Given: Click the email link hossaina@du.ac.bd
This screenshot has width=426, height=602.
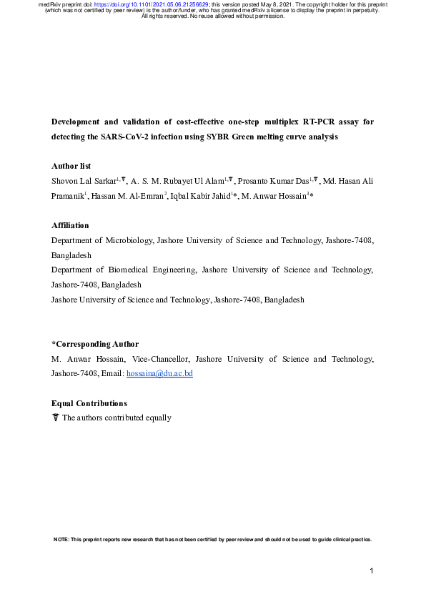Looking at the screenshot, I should pos(159,373).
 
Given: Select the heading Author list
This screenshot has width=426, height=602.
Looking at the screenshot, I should pos(71,166).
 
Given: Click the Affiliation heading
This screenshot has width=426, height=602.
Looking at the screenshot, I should pos(70,225).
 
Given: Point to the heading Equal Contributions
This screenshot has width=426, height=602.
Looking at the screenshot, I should pos(89,404).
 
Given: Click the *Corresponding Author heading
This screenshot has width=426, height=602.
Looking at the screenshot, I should pos(95,345).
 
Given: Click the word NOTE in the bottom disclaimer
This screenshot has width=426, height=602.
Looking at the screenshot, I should pos(61,539).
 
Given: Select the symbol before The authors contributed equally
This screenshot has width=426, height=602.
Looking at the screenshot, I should pos(56,418).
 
